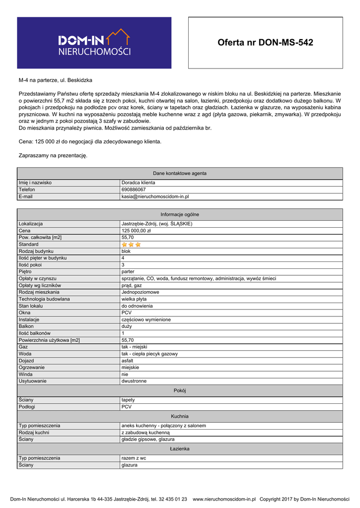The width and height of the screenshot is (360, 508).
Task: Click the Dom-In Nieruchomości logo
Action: (94, 43)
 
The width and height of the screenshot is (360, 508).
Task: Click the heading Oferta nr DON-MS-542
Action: (265, 43)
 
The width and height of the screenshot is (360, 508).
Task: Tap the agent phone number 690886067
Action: (134, 190)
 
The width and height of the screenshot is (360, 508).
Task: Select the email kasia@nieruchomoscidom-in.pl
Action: (155, 196)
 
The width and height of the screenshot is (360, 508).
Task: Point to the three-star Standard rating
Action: (131, 245)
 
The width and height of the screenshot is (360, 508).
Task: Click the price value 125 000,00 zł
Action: (136, 231)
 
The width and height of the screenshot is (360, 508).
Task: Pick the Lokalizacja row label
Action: (31, 224)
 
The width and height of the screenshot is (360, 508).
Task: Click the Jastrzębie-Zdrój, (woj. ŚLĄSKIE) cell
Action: (157, 224)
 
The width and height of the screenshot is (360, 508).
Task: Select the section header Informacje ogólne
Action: (180, 214)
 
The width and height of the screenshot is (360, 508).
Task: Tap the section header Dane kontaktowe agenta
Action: (180, 173)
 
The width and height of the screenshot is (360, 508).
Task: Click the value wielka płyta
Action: (134, 299)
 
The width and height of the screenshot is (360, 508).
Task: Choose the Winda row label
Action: (25, 374)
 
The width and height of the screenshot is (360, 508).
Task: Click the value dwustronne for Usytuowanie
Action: (134, 381)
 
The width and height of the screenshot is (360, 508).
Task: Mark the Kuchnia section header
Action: (180, 416)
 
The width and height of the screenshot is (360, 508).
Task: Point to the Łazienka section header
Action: (180, 448)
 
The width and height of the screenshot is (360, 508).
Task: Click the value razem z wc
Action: (134, 458)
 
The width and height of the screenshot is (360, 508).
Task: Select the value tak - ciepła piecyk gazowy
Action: (149, 354)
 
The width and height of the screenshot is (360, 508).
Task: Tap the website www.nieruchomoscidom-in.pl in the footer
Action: (224, 499)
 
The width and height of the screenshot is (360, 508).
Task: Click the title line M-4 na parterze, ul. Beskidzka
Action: (55, 80)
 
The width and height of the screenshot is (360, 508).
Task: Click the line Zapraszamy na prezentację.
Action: (53, 155)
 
